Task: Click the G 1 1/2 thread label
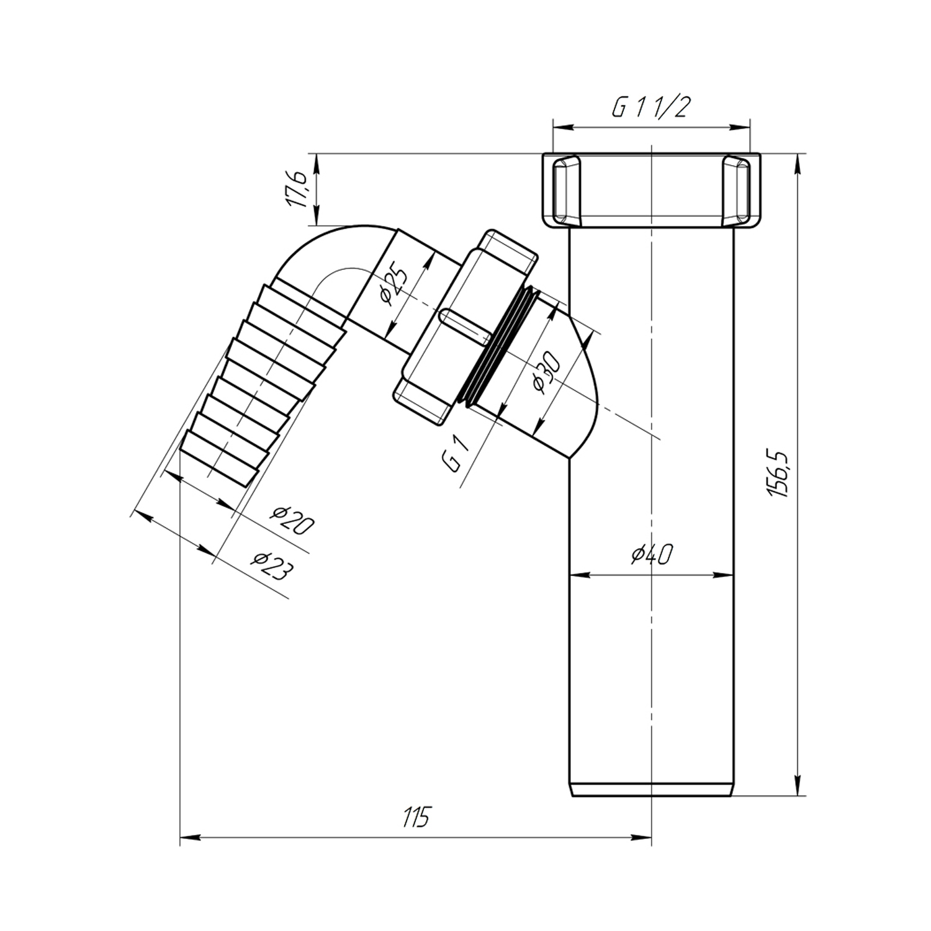coord(651,109)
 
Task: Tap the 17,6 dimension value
coord(298,188)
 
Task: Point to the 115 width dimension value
coord(415,817)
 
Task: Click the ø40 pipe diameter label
coord(651,554)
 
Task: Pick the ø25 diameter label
coord(394,284)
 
